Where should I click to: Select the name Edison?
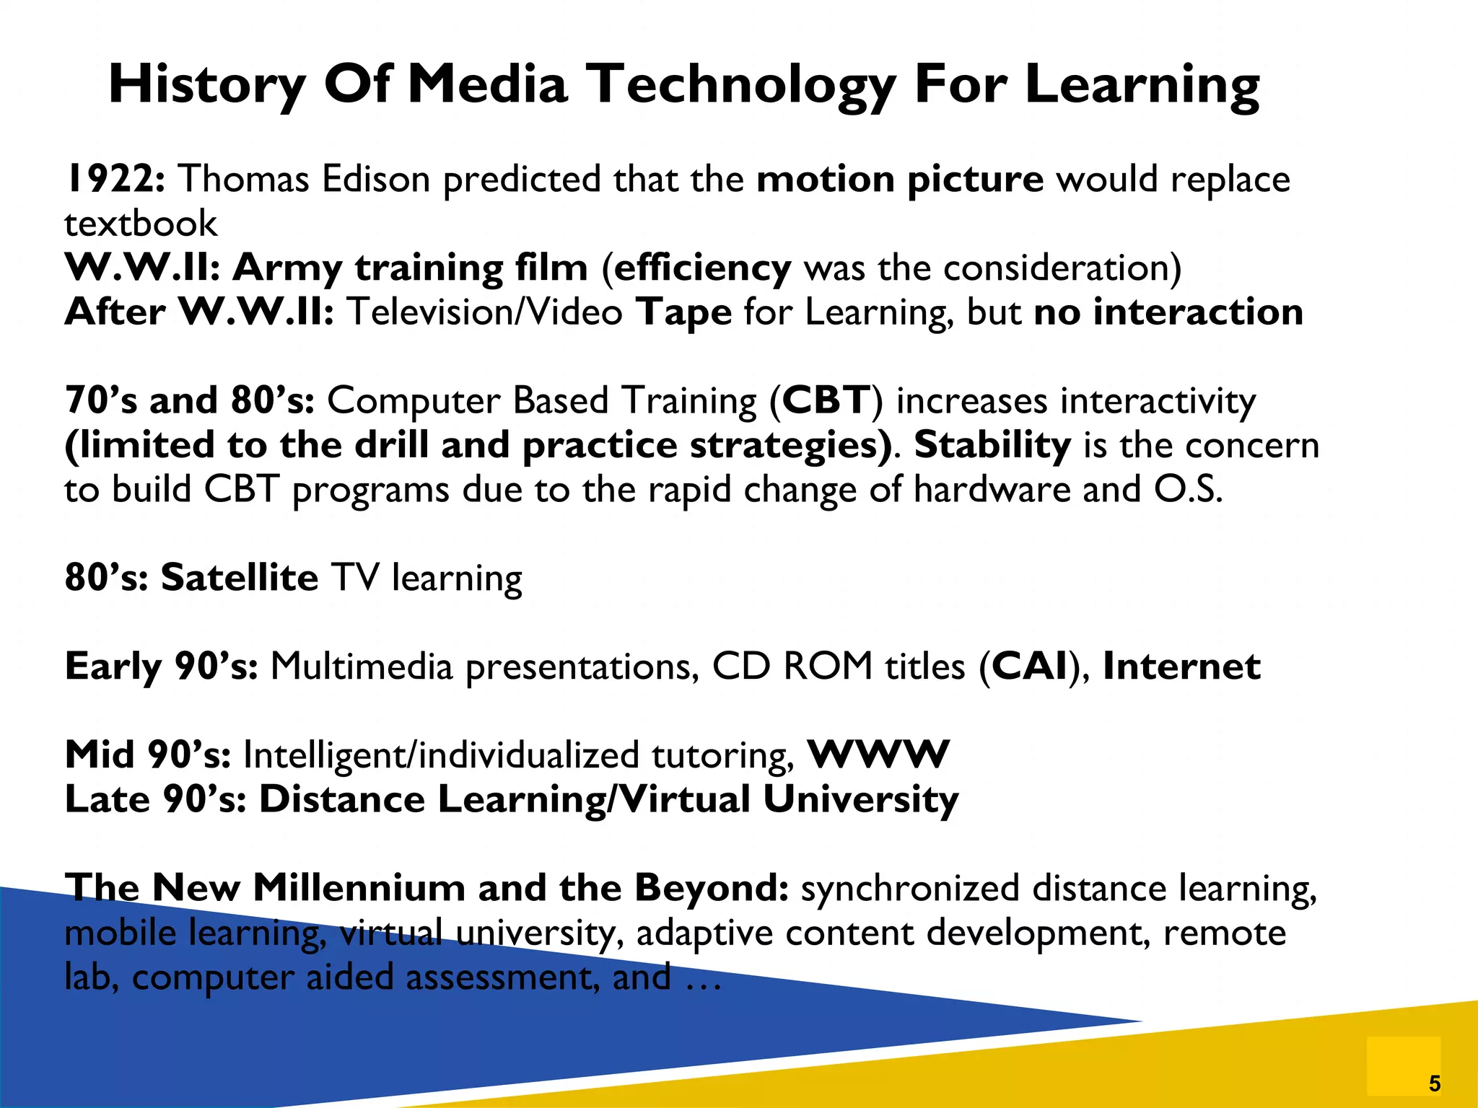click(x=376, y=179)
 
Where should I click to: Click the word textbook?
click(x=141, y=224)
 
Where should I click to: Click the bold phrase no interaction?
click(x=1168, y=312)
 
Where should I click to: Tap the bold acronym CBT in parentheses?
click(x=826, y=400)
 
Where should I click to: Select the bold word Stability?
click(x=992, y=445)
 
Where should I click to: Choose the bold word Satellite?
click(x=239, y=578)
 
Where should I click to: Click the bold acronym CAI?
click(x=1030, y=666)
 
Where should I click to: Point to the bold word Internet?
click(x=1181, y=666)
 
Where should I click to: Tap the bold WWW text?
click(x=878, y=755)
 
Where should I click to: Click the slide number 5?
click(x=1434, y=1083)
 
